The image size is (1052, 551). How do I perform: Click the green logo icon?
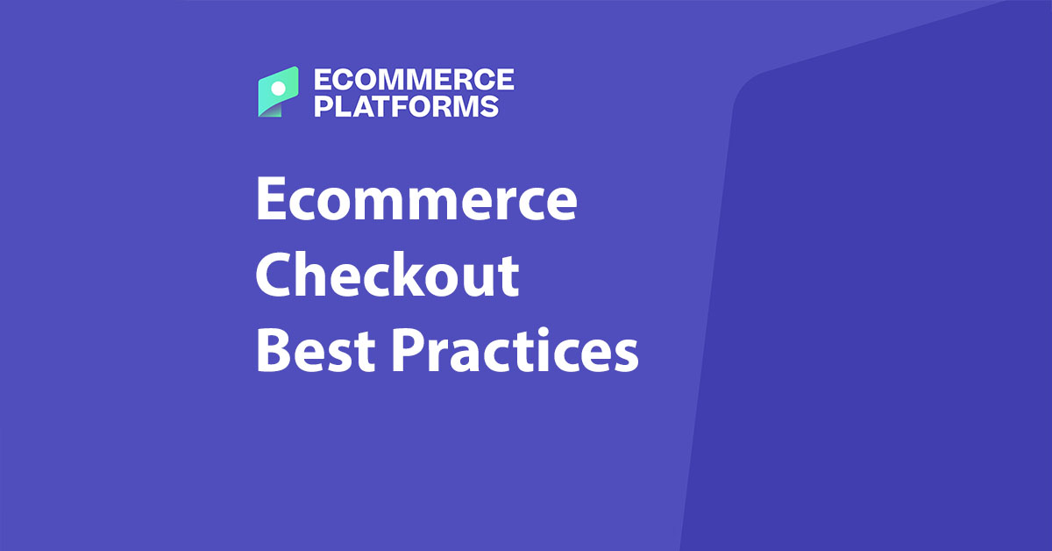click(279, 91)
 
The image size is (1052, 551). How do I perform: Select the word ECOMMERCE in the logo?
click(413, 81)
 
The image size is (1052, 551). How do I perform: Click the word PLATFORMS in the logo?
click(406, 106)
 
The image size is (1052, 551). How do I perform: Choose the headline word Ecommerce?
click(416, 200)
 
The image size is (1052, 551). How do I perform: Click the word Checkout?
click(387, 275)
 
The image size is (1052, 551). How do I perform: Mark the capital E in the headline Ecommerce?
click(271, 200)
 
